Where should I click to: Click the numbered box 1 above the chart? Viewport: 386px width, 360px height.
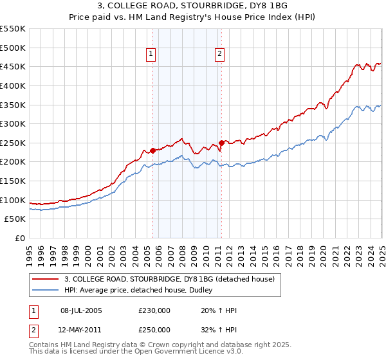coord(151,55)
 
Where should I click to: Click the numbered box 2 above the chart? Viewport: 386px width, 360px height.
coord(219,55)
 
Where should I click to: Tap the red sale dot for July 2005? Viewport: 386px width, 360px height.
coord(153,150)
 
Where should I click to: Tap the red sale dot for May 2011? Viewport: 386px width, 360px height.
coord(221,143)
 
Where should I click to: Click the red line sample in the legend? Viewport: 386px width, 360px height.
coord(46,279)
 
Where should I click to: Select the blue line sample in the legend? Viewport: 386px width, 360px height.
coord(46,290)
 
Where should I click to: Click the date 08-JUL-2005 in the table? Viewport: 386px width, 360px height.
coord(81,310)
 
